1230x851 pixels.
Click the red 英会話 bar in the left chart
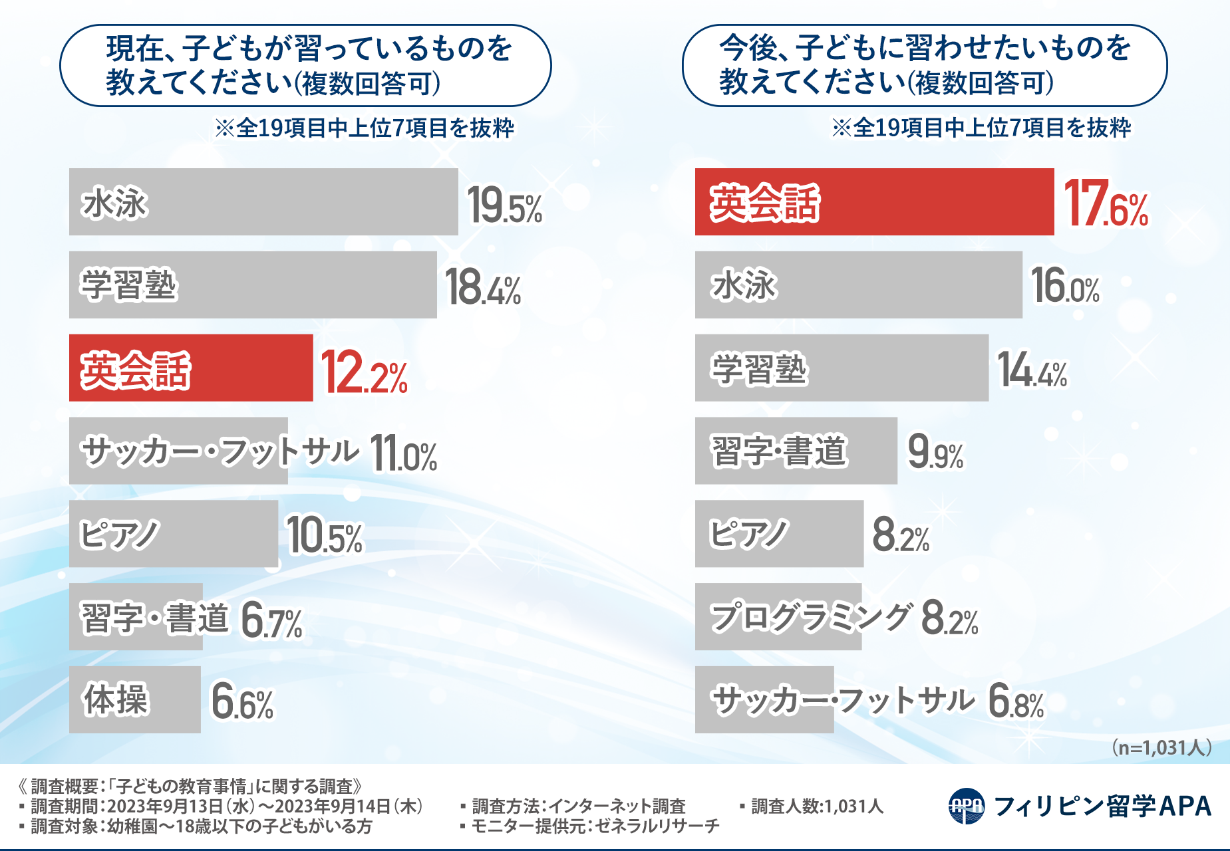click(191, 368)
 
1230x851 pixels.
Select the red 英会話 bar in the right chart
click(874, 201)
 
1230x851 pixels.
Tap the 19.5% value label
click(504, 205)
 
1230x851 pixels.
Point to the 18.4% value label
click(482, 287)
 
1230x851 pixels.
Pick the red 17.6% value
click(1106, 203)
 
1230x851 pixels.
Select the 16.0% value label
click(1064, 286)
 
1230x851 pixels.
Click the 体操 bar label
click(115, 699)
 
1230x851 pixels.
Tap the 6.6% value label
click(242, 702)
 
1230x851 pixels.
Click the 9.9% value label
click(935, 452)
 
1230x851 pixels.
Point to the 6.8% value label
click(1016, 701)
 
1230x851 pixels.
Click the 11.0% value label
click(403, 453)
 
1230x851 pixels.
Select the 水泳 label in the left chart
click(114, 203)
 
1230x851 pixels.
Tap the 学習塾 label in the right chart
click(759, 369)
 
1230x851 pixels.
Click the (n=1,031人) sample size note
click(1161, 748)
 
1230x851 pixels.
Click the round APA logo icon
click(966, 806)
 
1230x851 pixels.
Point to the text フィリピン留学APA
click(1102, 806)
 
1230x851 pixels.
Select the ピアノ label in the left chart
click(119, 535)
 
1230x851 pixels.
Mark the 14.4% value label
click(1032, 371)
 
